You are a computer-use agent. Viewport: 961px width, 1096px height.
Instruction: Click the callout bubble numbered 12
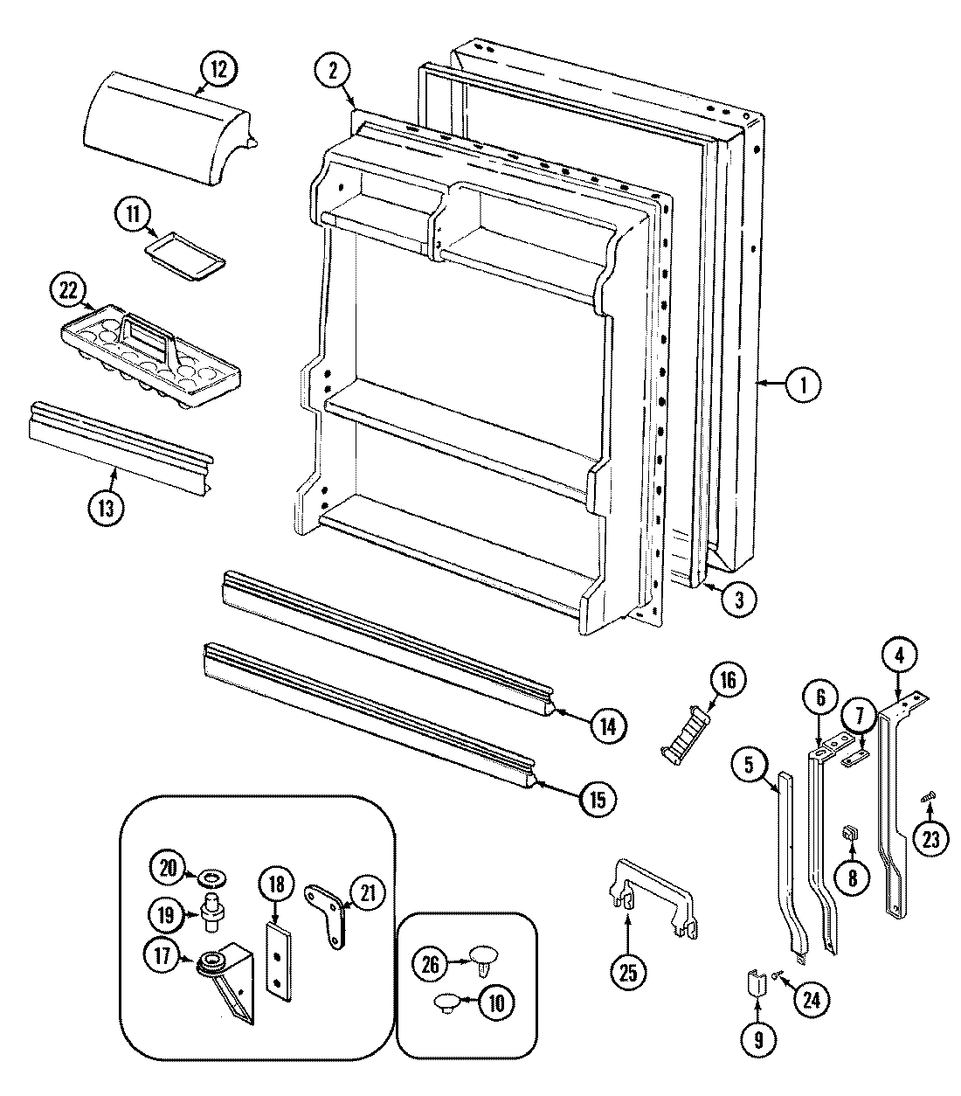pyautogui.click(x=218, y=69)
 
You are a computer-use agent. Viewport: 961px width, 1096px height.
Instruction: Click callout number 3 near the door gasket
pyautogui.click(x=739, y=600)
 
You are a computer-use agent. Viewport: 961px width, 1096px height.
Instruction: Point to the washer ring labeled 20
pyautogui.click(x=211, y=876)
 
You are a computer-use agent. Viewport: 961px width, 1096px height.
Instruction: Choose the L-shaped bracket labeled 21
pyautogui.click(x=328, y=911)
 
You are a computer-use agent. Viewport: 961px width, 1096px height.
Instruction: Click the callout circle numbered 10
pyautogui.click(x=495, y=1004)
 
